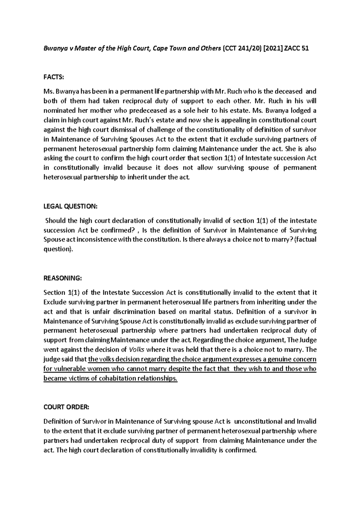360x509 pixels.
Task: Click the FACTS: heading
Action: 54,77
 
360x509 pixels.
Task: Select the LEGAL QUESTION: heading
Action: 70,206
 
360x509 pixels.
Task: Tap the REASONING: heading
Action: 62,278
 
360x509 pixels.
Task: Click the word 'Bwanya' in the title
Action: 54,49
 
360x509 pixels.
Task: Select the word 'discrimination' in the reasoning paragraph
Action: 133,312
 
